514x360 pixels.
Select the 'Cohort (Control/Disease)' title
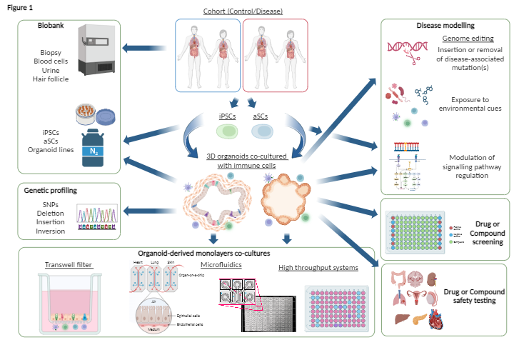point(243,9)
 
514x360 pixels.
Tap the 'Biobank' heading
point(53,26)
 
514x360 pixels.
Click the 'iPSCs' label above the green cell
point(228,115)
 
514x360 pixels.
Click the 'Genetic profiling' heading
point(53,192)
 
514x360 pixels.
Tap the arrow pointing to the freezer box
point(140,49)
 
